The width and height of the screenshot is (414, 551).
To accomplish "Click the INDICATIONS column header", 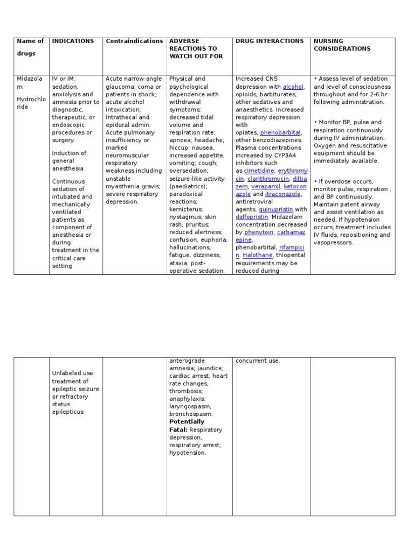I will pos(73,41).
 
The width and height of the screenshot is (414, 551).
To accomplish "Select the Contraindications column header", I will pos(134,41).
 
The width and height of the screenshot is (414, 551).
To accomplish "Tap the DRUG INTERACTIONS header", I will pos(270,41).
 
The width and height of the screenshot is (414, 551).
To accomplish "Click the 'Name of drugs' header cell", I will pos(31,47).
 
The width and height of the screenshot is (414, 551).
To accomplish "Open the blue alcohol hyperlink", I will pos(293,87).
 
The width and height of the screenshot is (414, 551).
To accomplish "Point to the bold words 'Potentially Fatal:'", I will pos(187,426).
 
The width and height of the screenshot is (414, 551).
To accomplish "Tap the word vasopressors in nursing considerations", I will pos(333,243).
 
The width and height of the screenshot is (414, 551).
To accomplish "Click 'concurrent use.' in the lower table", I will pos(258,361).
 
